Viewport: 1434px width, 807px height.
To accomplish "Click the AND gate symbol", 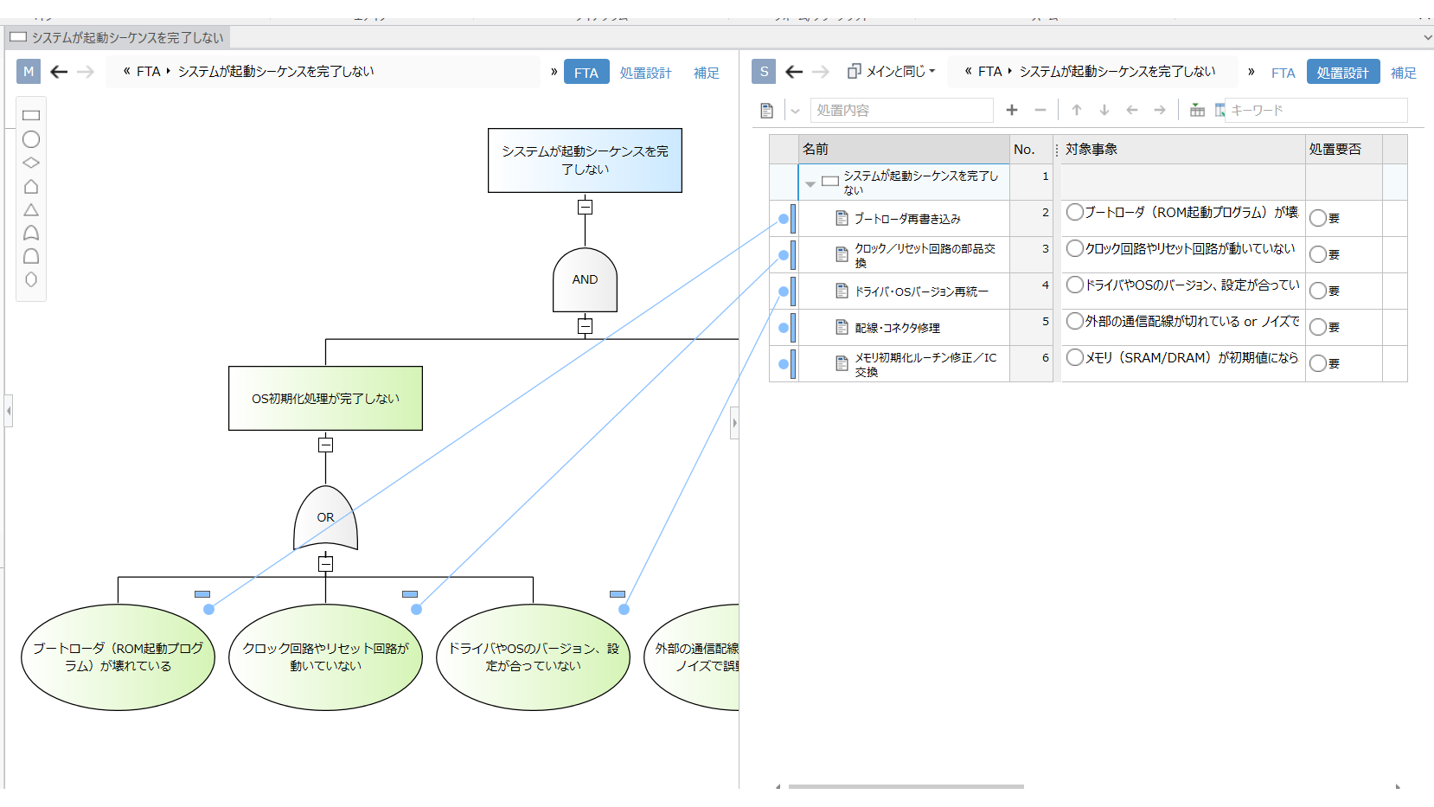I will (x=585, y=279).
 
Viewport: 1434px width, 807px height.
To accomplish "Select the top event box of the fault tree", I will (x=585, y=160).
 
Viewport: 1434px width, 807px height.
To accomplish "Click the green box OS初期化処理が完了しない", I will (x=325, y=398).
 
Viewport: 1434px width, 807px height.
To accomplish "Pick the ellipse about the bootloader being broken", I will (x=118, y=657).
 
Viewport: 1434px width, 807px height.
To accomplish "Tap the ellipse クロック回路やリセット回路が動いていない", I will (x=325, y=657).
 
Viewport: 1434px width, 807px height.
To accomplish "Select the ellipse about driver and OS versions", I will (x=533, y=657).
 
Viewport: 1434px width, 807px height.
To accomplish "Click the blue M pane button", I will (x=29, y=72).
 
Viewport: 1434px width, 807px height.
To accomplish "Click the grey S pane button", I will (x=764, y=72).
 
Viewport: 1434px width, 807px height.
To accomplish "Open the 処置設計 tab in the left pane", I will (x=645, y=73).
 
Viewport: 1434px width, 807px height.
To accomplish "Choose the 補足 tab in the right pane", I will (x=1403, y=73).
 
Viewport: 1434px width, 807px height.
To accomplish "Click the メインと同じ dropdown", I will (x=892, y=72).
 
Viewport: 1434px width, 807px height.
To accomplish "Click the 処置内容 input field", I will (x=901, y=110).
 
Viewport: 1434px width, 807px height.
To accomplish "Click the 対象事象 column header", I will (x=1092, y=149).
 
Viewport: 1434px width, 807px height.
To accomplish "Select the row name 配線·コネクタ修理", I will (x=897, y=328).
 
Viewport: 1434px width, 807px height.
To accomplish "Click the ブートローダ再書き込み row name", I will (x=907, y=219).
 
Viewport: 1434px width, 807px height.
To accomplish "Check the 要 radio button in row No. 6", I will (x=1318, y=363).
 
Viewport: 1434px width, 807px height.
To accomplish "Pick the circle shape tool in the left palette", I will (x=31, y=139).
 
